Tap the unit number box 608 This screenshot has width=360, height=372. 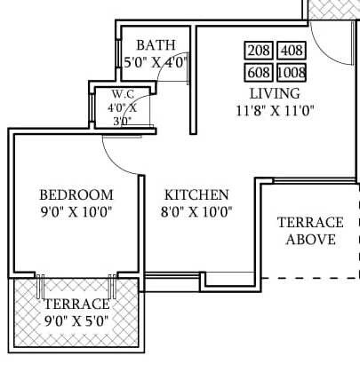(x=259, y=71)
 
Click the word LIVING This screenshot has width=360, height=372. (x=275, y=92)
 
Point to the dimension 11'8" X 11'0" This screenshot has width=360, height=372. (x=275, y=110)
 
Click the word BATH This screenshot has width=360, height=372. (x=156, y=44)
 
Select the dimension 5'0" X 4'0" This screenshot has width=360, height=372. (x=156, y=62)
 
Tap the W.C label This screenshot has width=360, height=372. (x=122, y=93)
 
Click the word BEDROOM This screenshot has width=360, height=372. (x=76, y=194)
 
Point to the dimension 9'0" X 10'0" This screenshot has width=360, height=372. (x=76, y=211)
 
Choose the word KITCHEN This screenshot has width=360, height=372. (x=196, y=194)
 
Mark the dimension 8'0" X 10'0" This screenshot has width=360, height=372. (x=196, y=211)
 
